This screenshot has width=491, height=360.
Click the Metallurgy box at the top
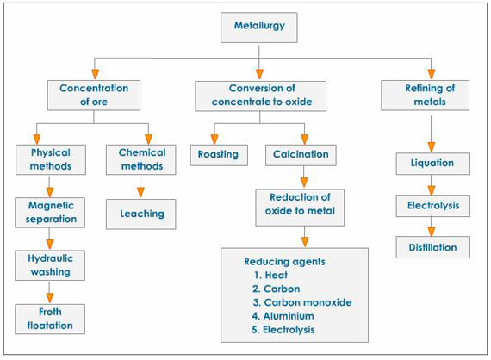tap(259, 28)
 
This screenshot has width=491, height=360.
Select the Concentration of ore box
tap(94, 95)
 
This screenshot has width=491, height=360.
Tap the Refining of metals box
tap(425, 95)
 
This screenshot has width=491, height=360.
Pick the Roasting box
tap(219, 155)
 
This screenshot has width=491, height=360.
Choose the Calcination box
tap(301, 155)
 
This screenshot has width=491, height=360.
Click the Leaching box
tap(141, 214)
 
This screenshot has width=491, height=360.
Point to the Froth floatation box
tap(50, 319)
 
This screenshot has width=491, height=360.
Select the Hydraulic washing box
tap(50, 265)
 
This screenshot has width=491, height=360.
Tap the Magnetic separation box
tap(50, 213)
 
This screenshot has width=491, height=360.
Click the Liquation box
tap(432, 164)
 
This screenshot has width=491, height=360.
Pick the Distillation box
tap(432, 247)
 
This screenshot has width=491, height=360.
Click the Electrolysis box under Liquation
tap(432, 206)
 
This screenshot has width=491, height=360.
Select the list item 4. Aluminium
tap(283, 316)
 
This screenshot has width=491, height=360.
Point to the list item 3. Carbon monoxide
tap(302, 302)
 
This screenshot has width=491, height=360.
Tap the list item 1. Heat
tap(270, 275)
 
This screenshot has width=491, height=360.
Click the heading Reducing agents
tap(284, 262)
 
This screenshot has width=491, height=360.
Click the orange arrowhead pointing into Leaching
tap(140, 192)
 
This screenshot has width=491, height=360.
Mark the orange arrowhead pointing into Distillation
tap(432, 232)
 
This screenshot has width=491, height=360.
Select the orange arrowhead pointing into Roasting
tap(214, 140)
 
